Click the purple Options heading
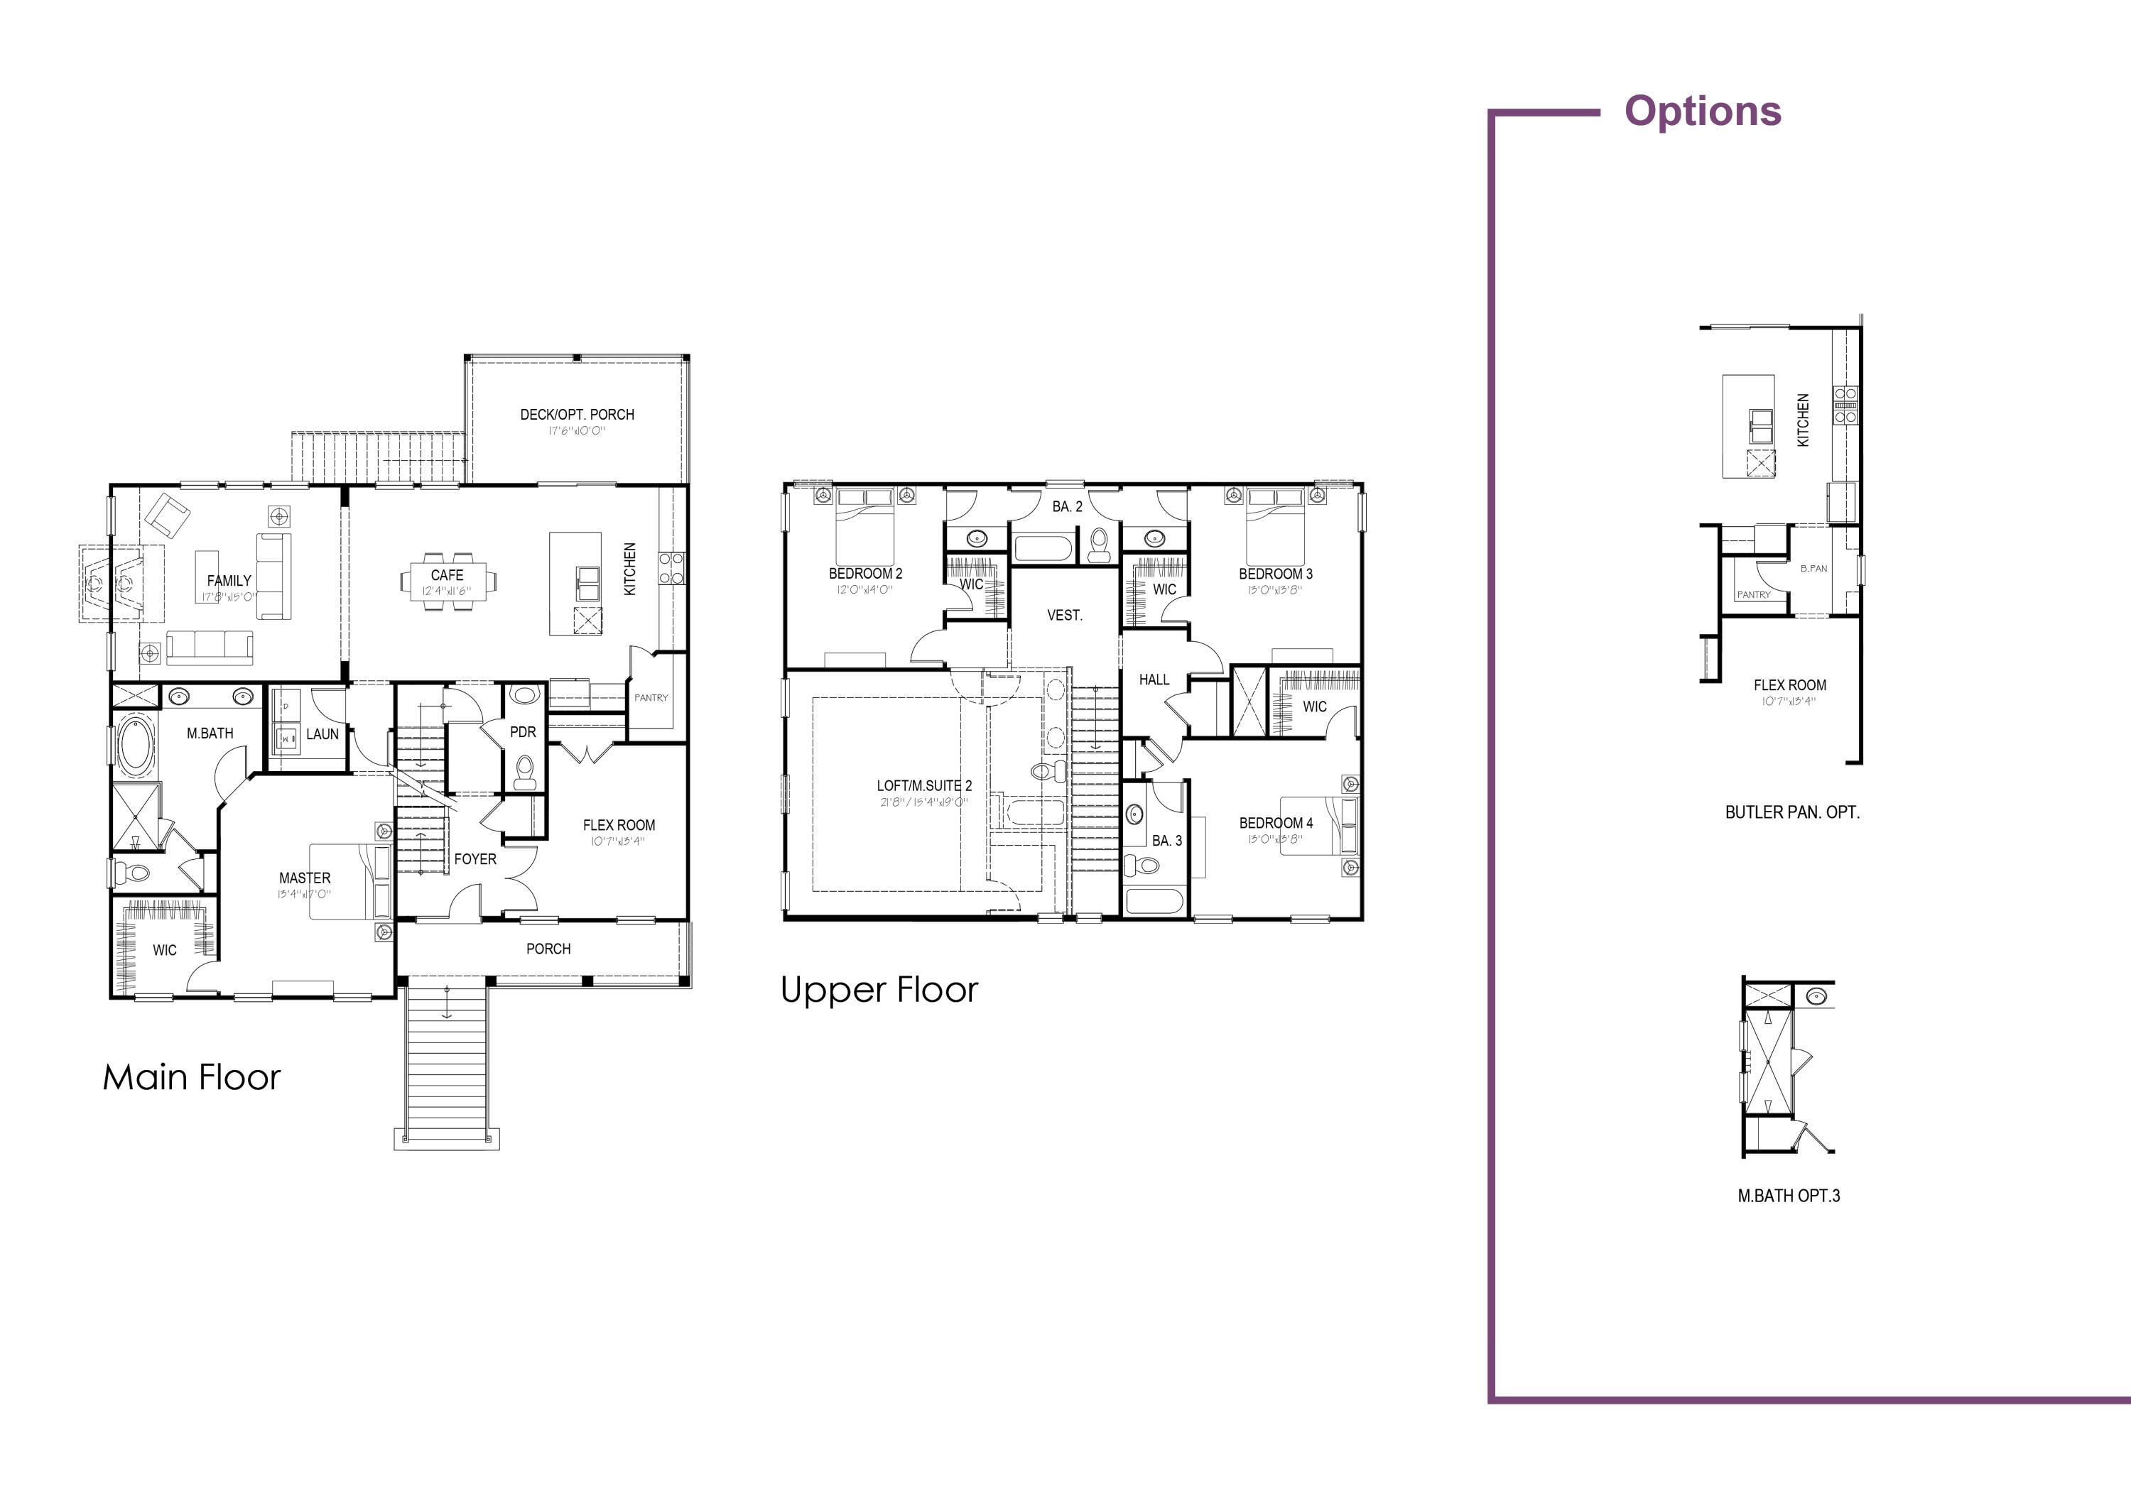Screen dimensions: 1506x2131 (1702, 111)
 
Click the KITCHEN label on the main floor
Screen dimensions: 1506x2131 (630, 569)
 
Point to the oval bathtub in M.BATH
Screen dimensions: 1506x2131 (136, 745)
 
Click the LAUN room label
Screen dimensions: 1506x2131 (322, 734)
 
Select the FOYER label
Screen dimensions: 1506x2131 (475, 859)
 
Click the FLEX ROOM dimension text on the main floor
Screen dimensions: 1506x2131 (617, 841)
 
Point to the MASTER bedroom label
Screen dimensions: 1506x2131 (305, 878)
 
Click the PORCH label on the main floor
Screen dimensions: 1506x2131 (548, 949)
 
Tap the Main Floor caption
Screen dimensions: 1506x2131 (191, 1077)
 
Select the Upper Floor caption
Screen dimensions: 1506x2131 (879, 990)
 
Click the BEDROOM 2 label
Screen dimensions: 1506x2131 (865, 574)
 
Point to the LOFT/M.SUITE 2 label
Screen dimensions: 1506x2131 (924, 785)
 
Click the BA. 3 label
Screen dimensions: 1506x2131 (1166, 841)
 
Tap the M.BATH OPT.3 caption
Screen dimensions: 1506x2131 (1788, 1196)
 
